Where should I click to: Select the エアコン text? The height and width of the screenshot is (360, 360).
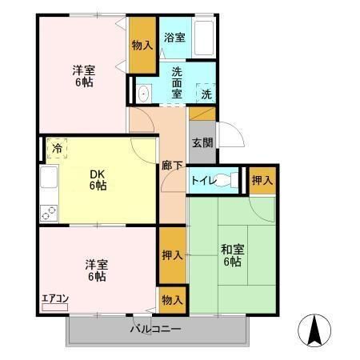pyautogui.click(x=55, y=299)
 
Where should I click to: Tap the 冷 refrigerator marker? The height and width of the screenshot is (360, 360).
pyautogui.click(x=56, y=147)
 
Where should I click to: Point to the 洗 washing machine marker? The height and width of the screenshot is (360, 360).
pyautogui.click(x=206, y=94)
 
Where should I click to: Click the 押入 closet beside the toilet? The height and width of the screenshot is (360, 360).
pyautogui.click(x=262, y=179)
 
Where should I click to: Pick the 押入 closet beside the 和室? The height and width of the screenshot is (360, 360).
pyautogui.click(x=172, y=255)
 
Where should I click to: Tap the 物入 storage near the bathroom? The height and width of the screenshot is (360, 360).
pyautogui.click(x=142, y=46)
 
